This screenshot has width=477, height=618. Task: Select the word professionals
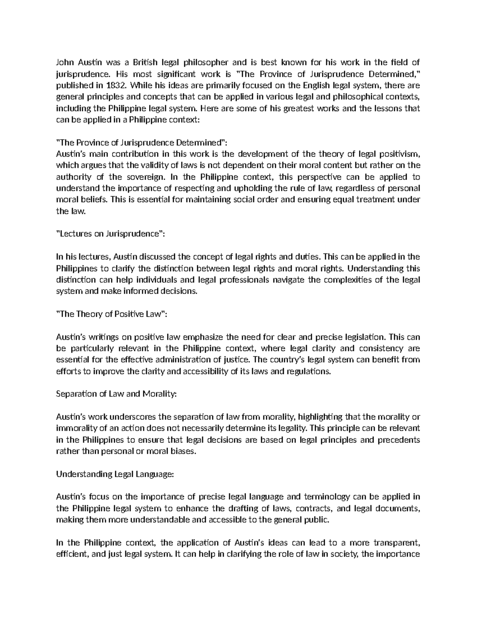tap(243, 280)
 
